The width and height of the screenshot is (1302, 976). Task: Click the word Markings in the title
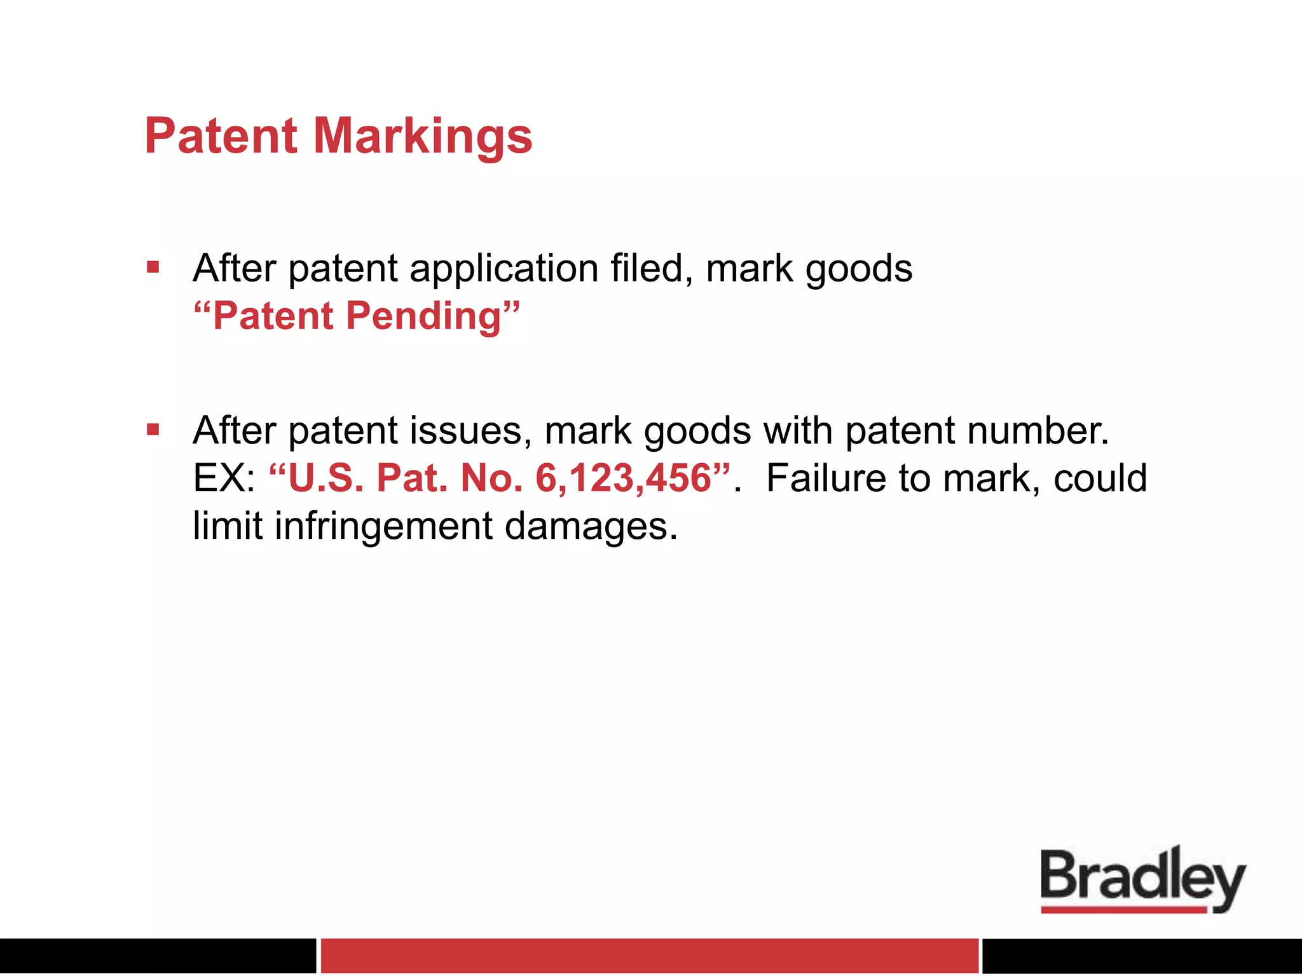point(422,137)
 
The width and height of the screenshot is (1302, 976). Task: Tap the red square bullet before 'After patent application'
point(153,267)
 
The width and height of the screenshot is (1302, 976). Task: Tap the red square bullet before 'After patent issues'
point(153,430)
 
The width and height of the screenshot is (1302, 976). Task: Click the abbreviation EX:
point(224,478)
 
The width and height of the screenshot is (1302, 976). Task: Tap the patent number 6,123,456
point(623,478)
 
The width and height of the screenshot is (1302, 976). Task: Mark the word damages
point(591,527)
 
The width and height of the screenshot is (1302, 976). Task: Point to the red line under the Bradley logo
point(1123,910)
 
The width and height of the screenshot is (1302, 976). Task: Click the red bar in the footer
point(649,956)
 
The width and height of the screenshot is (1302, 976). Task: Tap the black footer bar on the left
point(158,956)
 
